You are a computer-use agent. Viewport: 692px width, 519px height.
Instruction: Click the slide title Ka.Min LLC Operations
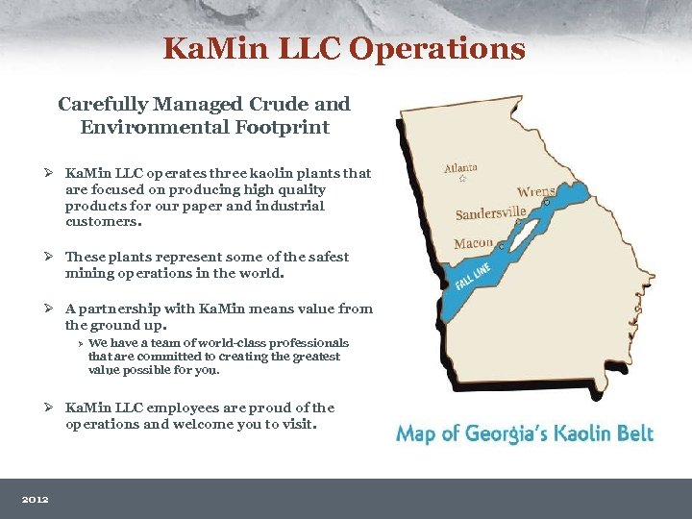coord(344,48)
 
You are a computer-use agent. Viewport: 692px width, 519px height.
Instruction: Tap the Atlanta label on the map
coord(460,166)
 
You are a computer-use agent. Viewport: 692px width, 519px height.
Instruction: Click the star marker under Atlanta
coord(462,179)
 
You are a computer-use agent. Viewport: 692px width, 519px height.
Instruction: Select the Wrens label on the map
coord(536,191)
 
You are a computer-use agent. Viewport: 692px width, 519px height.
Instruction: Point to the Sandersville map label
coord(490,212)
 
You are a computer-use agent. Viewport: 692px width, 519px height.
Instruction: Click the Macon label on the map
coord(473,243)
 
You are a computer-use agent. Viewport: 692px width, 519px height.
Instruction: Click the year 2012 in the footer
coord(37,499)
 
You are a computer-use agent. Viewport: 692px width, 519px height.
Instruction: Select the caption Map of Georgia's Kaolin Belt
coord(525,433)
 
